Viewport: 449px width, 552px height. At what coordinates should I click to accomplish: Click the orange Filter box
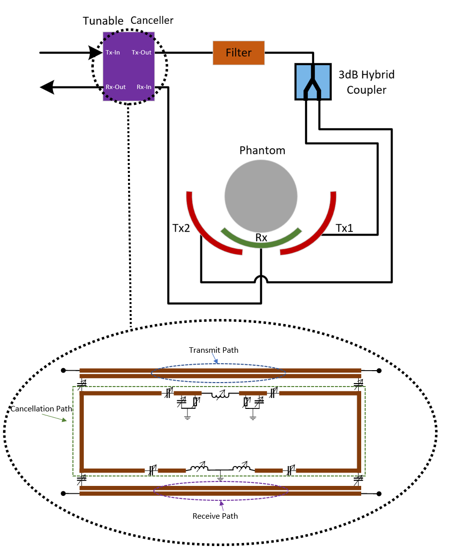pos(239,53)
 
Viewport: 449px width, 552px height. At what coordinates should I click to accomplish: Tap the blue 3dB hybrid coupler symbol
pos(312,80)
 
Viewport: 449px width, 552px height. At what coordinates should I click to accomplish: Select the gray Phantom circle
pos(261,195)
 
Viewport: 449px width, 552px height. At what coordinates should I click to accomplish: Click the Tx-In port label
pos(113,53)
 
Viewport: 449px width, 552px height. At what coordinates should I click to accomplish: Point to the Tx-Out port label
pos(141,53)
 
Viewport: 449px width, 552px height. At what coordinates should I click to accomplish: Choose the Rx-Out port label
pos(116,87)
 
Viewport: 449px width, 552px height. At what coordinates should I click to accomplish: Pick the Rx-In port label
pos(144,87)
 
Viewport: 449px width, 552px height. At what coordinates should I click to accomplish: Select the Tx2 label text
pos(181,229)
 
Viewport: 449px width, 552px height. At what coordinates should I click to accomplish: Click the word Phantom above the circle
pos(262,150)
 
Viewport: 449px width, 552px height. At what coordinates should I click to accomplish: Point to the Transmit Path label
pos(213,350)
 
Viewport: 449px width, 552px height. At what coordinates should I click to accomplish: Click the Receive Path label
pos(215,516)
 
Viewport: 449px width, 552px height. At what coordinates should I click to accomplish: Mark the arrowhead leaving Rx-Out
pos(47,87)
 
